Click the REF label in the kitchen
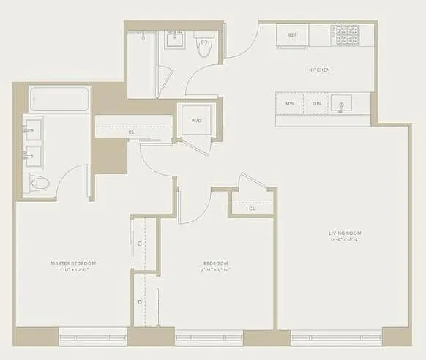[x=292, y=35]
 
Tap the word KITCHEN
[x=319, y=70]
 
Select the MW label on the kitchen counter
[x=291, y=104]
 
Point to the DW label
[x=317, y=104]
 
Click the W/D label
[x=196, y=120]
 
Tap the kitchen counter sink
[x=340, y=105]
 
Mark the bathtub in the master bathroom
[x=59, y=98]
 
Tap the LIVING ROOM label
[x=345, y=233]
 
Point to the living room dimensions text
[x=345, y=240]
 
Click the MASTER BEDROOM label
[x=73, y=263]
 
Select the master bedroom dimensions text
[x=73, y=269]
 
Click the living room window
[x=336, y=339]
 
